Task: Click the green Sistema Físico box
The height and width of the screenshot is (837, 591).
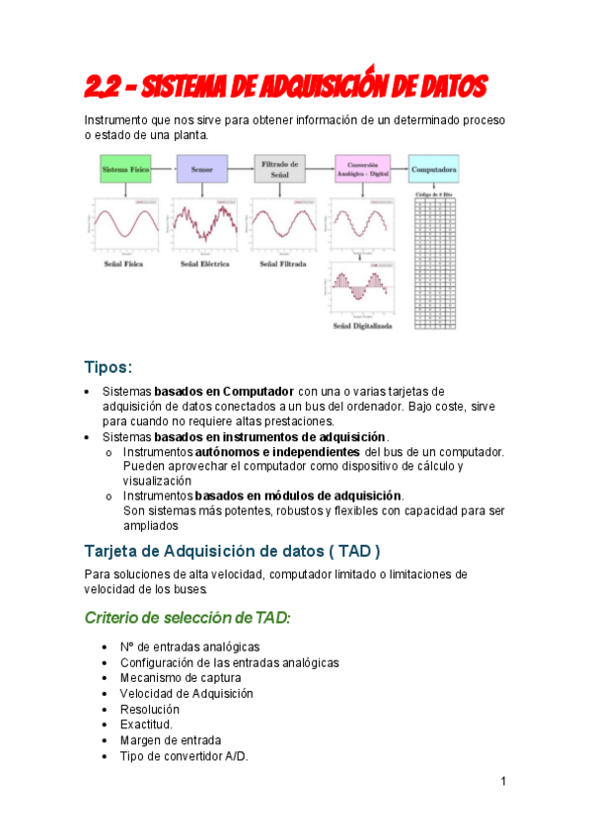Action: (x=126, y=170)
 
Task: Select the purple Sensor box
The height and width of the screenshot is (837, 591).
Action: (x=202, y=170)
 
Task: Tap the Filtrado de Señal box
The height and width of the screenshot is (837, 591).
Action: (x=280, y=169)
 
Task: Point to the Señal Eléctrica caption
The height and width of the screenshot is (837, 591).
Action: (x=201, y=265)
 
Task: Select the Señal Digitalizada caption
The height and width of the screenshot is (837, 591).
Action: (x=362, y=325)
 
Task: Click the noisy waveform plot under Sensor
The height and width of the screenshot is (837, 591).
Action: (x=202, y=226)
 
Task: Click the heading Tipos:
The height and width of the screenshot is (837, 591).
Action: (x=108, y=368)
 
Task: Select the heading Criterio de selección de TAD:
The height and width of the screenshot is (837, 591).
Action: (x=187, y=618)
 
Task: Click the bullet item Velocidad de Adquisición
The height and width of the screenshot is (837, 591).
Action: (x=186, y=694)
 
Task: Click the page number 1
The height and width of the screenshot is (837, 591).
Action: (x=503, y=783)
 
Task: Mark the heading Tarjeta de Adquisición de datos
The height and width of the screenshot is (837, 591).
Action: (x=232, y=550)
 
